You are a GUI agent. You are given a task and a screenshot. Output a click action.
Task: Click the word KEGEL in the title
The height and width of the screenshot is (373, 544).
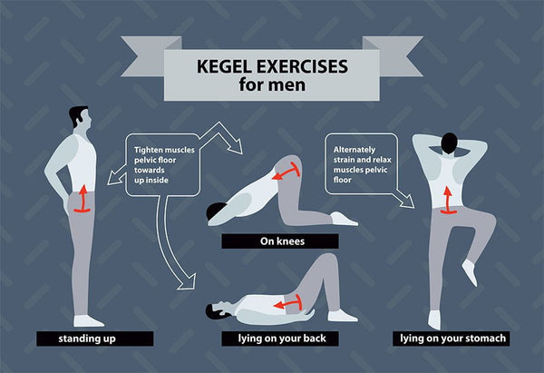click(x=224, y=66)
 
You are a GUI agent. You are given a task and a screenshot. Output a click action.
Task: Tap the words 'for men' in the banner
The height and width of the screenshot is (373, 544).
click(x=272, y=84)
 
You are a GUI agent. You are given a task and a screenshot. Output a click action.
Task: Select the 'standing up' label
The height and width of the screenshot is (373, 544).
click(x=87, y=339)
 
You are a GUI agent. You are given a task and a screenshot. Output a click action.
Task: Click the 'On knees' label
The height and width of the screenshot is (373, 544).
click(x=282, y=241)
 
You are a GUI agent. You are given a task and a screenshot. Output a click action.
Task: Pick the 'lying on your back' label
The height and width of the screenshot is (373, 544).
click(x=282, y=339)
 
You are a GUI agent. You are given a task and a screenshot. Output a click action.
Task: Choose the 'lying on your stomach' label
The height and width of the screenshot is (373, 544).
click(x=452, y=339)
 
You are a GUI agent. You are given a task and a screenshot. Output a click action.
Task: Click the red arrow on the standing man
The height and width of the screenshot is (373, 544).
click(x=83, y=199)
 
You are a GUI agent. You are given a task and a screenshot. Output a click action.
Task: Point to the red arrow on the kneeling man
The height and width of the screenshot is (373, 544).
click(x=287, y=171)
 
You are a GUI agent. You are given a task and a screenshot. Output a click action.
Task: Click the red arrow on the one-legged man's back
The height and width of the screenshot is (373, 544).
click(x=448, y=201)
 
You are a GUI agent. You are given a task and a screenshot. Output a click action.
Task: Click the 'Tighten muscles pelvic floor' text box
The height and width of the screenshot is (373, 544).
click(x=162, y=165)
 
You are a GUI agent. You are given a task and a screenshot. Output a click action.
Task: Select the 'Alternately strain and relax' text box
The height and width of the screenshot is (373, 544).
click(x=361, y=164)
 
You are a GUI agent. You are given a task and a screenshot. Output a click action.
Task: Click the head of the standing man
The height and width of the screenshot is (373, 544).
click(x=81, y=118)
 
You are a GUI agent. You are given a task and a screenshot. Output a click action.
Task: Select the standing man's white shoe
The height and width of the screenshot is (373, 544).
click(x=88, y=321)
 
